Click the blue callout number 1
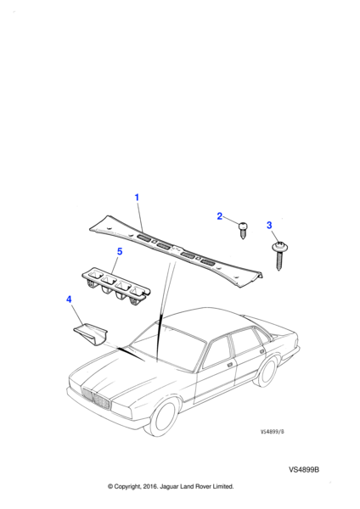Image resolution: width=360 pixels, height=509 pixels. (137, 198)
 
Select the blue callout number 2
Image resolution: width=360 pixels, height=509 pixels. (220, 215)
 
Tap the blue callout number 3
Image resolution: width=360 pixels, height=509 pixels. (269, 225)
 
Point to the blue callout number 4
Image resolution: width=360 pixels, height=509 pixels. (69, 299)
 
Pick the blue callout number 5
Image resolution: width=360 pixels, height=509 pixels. (120, 251)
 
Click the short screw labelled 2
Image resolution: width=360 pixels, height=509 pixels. (243, 230)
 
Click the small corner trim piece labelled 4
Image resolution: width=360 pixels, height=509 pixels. (91, 333)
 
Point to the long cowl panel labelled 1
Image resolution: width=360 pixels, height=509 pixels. (176, 250)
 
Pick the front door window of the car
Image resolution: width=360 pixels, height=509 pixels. (217, 351)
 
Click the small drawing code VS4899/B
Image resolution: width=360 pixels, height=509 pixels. (273, 432)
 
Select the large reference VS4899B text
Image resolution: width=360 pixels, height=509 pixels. (304, 469)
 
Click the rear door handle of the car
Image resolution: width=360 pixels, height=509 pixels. (262, 351)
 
